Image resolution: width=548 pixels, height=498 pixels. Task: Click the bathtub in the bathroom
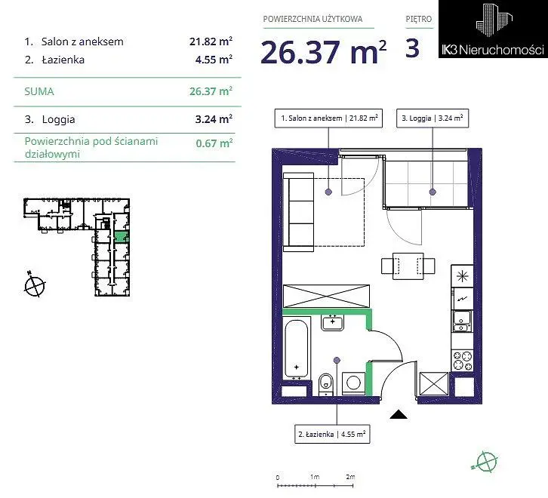pos(297,349)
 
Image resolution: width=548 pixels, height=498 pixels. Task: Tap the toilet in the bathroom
pos(326,384)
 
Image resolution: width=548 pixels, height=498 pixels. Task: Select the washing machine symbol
pos(354,383)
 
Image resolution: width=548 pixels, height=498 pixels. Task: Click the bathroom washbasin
pos(332,322)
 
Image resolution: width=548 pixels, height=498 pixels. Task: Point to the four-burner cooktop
pos(463,361)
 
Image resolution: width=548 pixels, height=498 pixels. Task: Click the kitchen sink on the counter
pos(463,321)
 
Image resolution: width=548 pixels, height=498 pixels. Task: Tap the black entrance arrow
pos(399,414)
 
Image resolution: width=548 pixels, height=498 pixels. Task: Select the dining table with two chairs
pos(408,266)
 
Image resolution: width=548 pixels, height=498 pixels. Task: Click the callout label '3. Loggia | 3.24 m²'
pos(433,118)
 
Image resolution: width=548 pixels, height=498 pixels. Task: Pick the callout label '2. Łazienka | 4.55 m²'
pos(332,435)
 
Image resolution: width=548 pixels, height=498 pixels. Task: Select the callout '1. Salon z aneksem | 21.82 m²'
pos(328,118)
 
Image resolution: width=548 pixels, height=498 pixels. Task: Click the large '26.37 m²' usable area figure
pos(324,52)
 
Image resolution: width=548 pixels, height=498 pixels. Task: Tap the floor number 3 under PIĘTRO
pos(412,48)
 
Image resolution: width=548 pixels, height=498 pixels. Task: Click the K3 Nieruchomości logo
pos(493,29)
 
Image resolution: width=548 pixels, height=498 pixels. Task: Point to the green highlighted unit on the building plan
pos(122,237)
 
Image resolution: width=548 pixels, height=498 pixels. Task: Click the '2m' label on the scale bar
pos(350,477)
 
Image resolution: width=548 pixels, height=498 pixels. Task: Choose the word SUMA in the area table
pos(39,91)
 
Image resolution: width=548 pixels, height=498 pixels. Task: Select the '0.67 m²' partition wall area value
pos(214,143)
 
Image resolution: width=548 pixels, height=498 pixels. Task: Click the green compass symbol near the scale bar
pos(486,461)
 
